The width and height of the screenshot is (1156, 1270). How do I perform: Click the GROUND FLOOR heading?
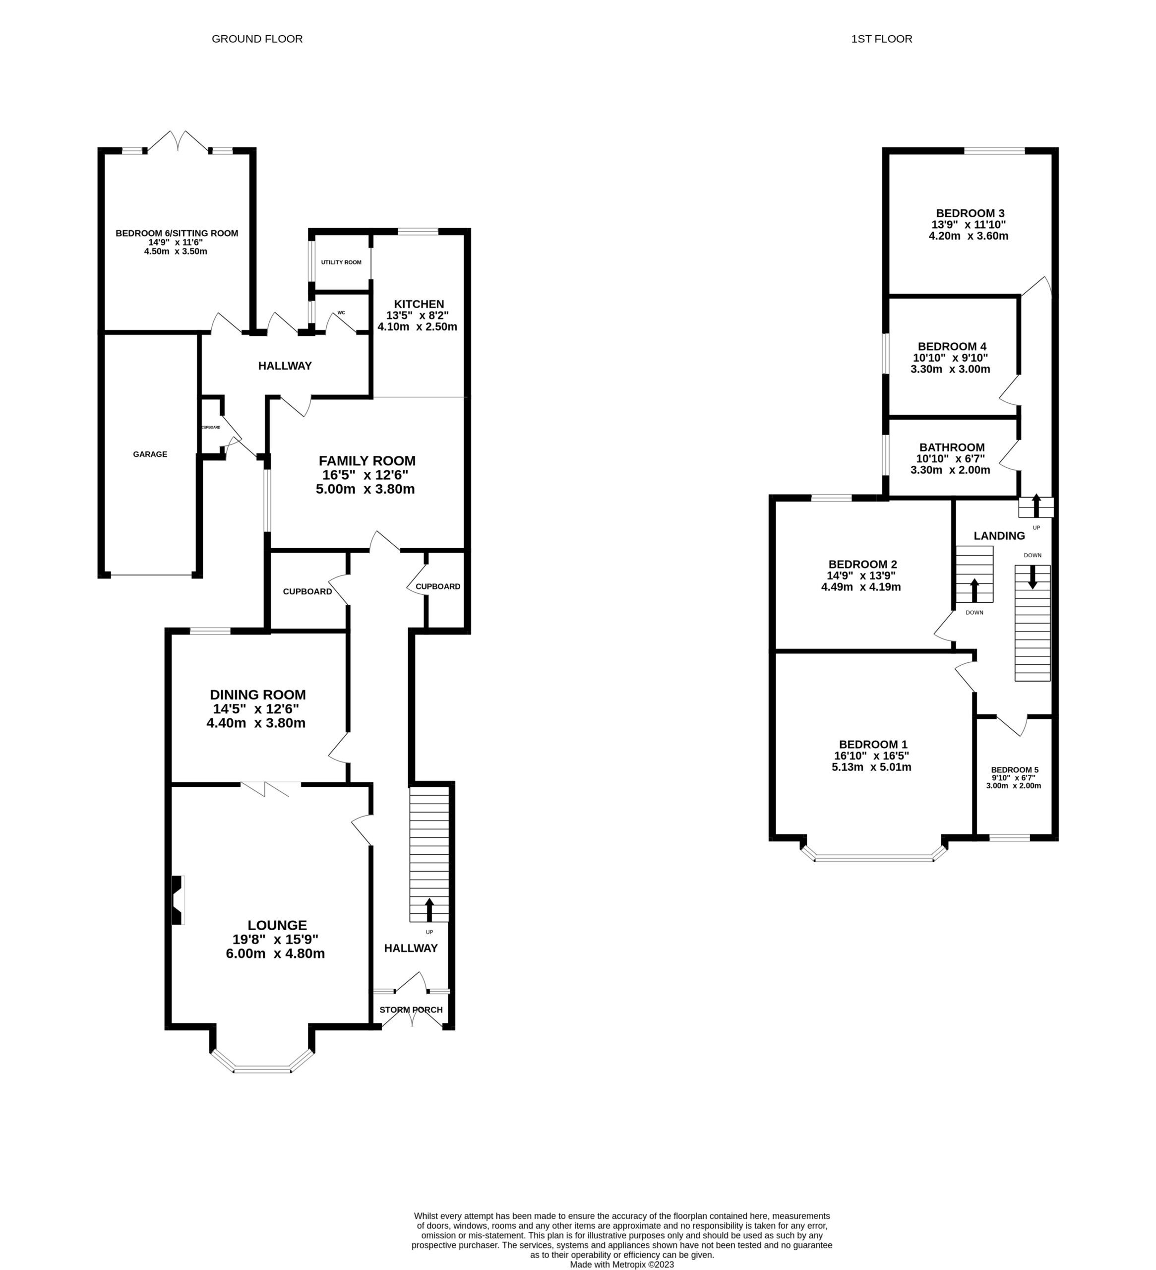tap(257, 39)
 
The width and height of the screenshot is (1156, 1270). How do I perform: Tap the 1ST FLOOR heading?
tap(881, 39)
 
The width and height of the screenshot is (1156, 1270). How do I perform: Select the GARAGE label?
tap(150, 454)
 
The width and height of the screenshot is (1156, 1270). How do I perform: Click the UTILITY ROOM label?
tap(341, 262)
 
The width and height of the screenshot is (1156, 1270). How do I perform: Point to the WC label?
tap(341, 313)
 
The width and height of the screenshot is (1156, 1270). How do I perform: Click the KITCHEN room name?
tap(419, 304)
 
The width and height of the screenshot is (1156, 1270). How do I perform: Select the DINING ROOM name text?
tap(257, 695)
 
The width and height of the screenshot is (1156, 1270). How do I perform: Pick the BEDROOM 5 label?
tap(1014, 770)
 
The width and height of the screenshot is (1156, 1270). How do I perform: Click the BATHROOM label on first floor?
tap(951, 447)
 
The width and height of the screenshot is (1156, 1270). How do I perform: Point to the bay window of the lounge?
tap(262, 1069)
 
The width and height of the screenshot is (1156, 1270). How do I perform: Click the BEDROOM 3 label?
tap(970, 213)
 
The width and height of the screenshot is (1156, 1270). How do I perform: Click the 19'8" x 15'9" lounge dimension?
tap(275, 939)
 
